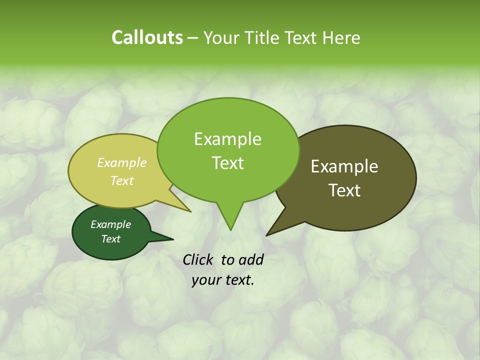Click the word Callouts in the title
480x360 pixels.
[147, 37]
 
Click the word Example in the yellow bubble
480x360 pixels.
[122, 162]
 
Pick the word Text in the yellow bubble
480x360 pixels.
[122, 180]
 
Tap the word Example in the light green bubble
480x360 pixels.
[227, 139]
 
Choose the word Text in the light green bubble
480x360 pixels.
[227, 162]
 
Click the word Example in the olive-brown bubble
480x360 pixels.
[344, 166]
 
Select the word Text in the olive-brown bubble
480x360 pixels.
[344, 190]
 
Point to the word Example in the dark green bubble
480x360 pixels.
[110, 224]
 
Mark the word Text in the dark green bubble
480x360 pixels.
[110, 239]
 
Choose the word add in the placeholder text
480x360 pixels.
[250, 259]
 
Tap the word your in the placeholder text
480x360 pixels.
[206, 280]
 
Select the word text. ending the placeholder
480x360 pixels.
[238, 280]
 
